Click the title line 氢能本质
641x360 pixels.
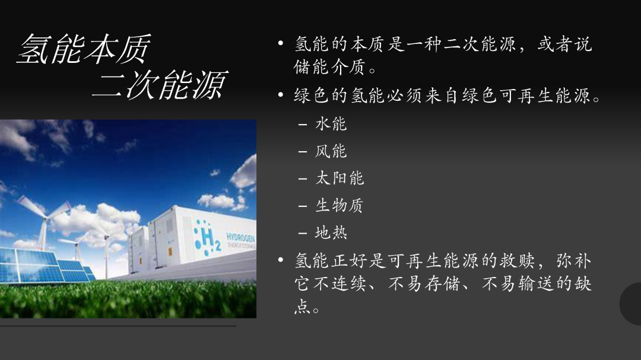(x=84, y=49)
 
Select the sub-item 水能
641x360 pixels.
(x=331, y=124)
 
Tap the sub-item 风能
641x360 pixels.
(x=331, y=151)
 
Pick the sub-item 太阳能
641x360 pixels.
(x=339, y=178)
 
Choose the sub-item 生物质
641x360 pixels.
(x=339, y=206)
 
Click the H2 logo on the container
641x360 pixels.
(x=208, y=237)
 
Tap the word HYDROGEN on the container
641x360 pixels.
(x=241, y=238)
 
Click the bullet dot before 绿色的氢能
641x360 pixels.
(x=280, y=95)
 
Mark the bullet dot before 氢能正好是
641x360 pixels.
(x=280, y=260)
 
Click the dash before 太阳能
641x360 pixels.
(x=303, y=179)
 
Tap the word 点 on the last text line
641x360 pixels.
(x=303, y=307)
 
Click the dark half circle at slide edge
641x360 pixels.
(x=630, y=304)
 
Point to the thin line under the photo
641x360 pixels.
(x=118, y=326)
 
